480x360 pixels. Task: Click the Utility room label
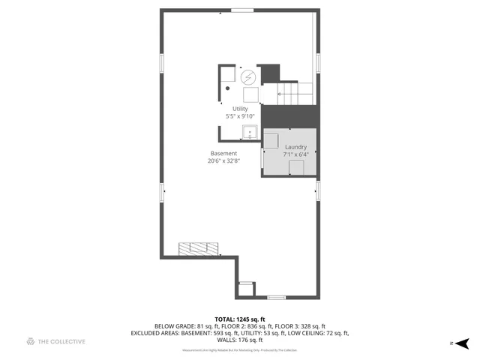click(240, 109)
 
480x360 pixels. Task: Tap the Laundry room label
click(295, 147)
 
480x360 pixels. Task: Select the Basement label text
click(223, 153)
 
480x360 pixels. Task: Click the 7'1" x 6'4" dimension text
click(295, 154)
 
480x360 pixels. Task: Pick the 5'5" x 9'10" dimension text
click(240, 116)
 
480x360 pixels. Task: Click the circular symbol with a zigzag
click(248, 76)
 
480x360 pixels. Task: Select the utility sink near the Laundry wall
click(249, 133)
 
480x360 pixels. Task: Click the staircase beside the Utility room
click(296, 91)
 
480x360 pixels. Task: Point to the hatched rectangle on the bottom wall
click(199, 248)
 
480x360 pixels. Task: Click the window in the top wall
click(241, 10)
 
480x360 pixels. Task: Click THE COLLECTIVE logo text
click(62, 341)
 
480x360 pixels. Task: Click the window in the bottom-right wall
click(277, 298)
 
